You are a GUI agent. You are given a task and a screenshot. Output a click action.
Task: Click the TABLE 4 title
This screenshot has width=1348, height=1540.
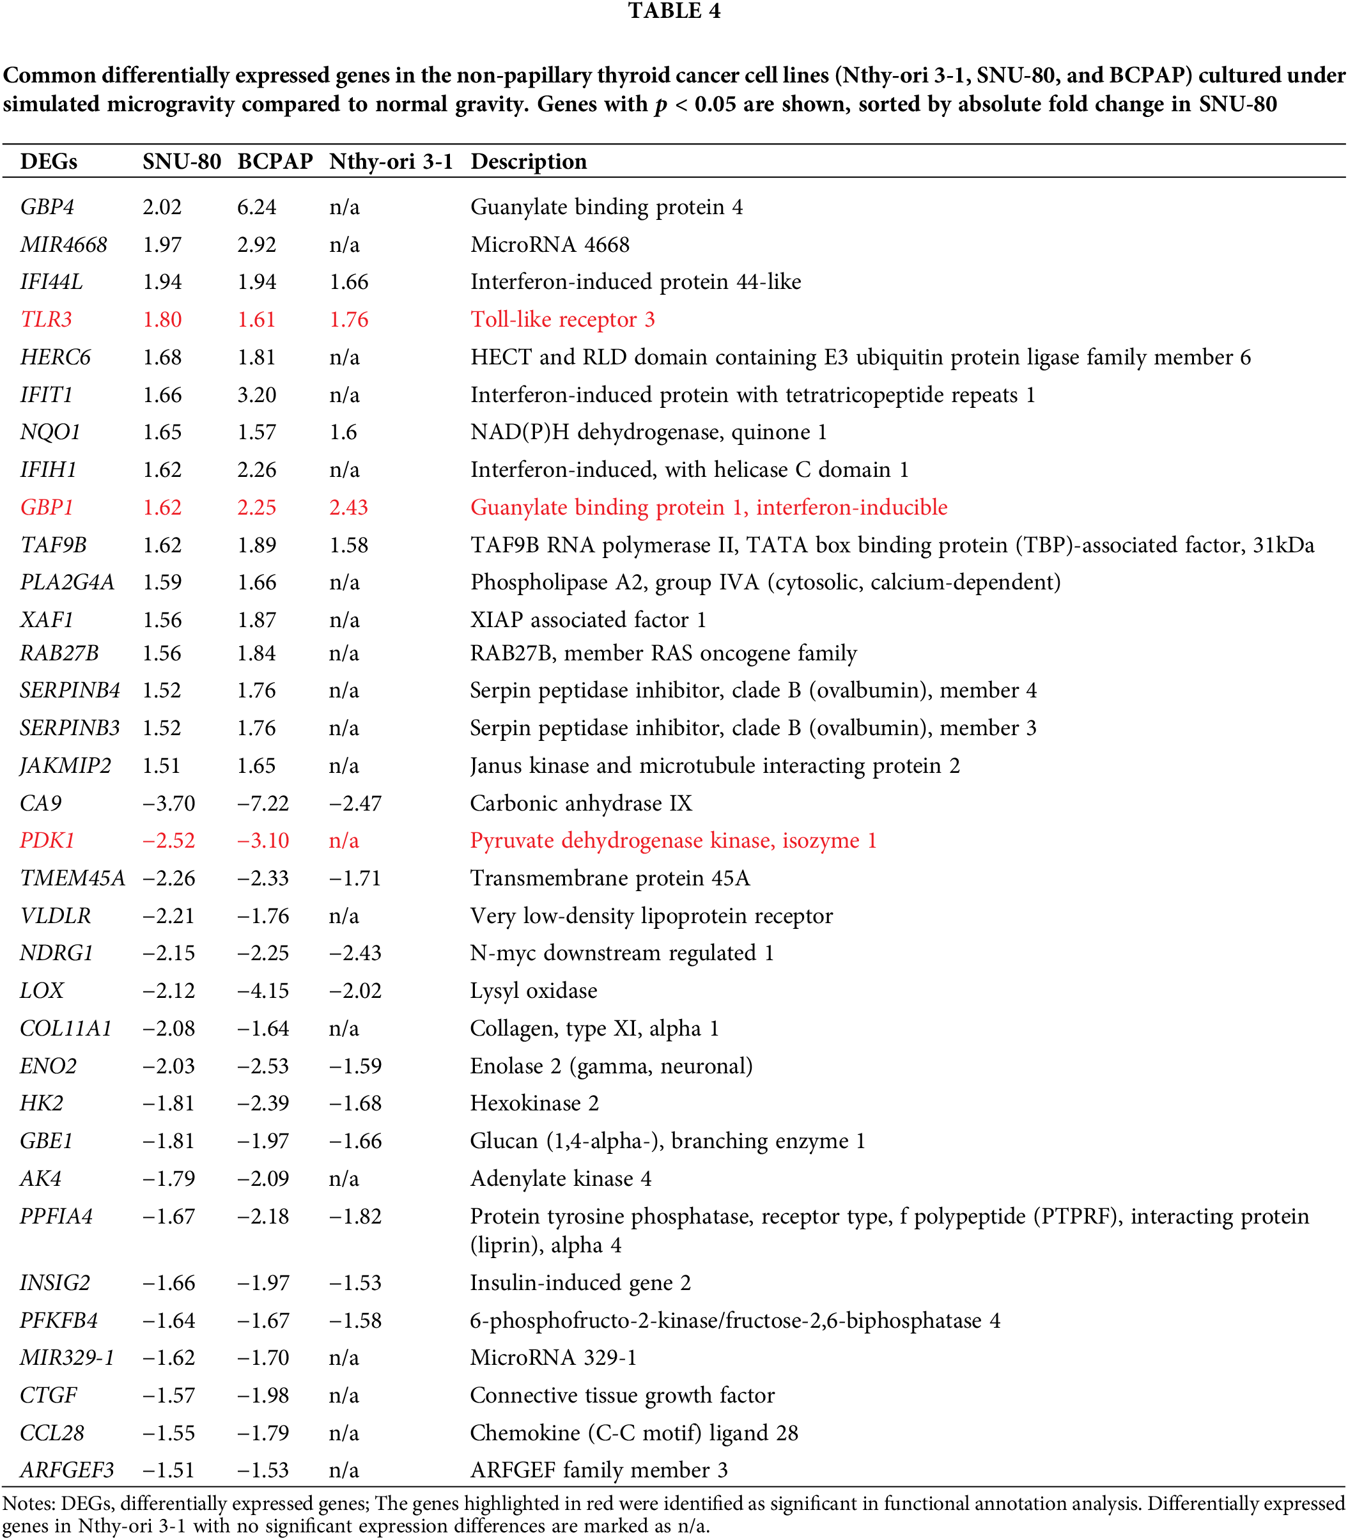pos(674,12)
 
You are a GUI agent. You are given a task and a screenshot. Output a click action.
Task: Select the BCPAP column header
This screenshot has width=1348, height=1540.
pos(275,162)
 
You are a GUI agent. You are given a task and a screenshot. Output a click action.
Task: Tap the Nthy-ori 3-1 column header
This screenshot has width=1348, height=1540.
pos(391,162)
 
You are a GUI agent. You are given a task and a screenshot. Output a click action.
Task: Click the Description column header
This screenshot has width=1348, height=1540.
pos(528,162)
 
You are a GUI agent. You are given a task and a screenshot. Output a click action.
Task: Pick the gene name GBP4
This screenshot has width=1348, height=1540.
pos(47,207)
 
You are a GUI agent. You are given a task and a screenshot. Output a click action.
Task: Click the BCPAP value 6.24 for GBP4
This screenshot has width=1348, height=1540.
pos(256,207)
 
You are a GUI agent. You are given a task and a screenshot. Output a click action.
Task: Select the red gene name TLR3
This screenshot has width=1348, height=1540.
pos(46,320)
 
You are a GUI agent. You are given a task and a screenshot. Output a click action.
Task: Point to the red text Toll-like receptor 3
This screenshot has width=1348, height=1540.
pos(562,320)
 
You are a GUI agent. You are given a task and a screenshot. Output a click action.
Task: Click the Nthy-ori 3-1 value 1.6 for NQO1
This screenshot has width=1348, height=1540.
pos(343,433)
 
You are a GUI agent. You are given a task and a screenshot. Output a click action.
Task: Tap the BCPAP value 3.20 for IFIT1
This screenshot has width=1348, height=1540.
pos(256,395)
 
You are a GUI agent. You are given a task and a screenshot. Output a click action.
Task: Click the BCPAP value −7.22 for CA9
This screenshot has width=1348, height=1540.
pos(263,804)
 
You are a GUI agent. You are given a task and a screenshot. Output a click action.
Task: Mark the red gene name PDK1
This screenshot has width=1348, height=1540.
pos(47,841)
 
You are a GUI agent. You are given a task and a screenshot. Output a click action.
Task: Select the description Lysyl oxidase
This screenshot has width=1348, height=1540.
pos(533,991)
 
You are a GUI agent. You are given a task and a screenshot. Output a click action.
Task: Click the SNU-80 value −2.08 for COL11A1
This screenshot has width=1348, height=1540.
pos(169,1029)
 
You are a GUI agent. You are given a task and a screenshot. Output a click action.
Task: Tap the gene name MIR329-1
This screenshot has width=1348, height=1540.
pos(67,1358)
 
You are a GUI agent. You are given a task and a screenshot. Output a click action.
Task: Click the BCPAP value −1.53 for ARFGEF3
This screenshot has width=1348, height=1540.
pos(263,1470)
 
